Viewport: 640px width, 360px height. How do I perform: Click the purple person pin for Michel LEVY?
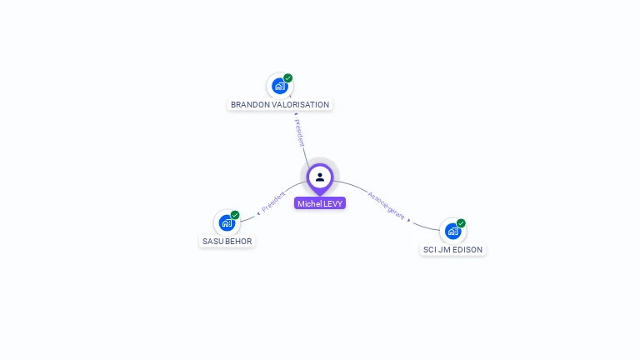tap(320, 177)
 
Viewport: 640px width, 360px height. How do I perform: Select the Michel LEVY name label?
tap(320, 203)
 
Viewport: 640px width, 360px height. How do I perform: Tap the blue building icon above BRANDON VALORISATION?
tap(280, 86)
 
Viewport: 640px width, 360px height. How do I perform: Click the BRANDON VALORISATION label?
tap(280, 105)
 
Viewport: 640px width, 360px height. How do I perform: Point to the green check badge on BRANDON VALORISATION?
tap(288, 78)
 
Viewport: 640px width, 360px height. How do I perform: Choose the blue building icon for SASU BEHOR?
tap(227, 222)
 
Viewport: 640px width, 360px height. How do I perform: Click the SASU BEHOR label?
tap(227, 242)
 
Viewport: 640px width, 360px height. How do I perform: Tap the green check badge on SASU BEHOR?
tap(235, 215)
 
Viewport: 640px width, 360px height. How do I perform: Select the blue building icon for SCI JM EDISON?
tap(452, 231)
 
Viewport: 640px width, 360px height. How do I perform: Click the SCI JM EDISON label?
tap(452, 250)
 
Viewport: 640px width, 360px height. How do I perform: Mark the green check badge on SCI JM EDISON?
tap(461, 223)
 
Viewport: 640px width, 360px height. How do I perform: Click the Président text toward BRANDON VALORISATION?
tap(299, 132)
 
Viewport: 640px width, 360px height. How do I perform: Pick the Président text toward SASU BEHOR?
tap(272, 202)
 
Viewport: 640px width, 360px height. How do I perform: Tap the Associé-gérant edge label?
tap(387, 207)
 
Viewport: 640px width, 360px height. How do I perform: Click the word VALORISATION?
tap(301, 105)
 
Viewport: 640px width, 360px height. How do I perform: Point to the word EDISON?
tap(467, 250)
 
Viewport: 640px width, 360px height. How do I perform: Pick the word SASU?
tap(212, 242)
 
